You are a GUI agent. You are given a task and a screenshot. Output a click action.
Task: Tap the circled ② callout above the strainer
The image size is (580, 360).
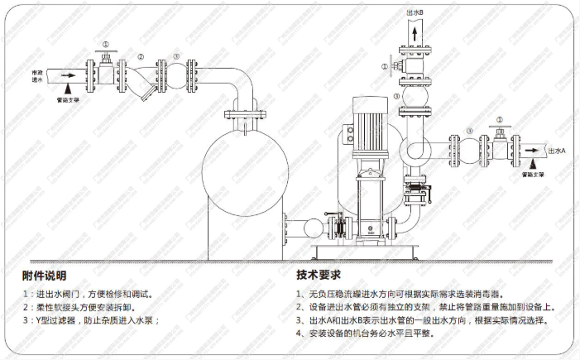pyautogui.click(x=141, y=57)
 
